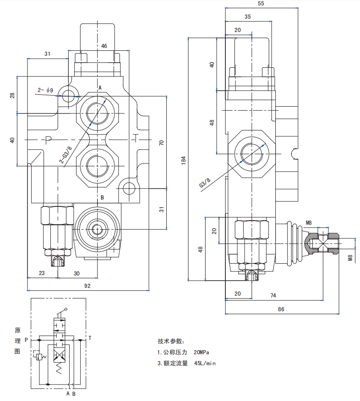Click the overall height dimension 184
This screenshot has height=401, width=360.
pos(183,160)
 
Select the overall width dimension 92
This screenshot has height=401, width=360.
pos(87,286)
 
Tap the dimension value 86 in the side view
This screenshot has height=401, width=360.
pos(281,309)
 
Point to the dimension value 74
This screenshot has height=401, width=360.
pos(273,296)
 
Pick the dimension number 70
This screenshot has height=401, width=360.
pos(161,142)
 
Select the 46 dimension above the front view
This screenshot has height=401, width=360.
pos(104,46)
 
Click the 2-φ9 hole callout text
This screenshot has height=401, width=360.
pos(45,90)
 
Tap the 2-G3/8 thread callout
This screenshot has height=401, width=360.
pos(66,155)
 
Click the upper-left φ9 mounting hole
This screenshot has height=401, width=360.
pos(69,96)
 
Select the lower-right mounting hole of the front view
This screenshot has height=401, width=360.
pos(129,188)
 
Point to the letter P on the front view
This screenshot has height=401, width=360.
pos(48,139)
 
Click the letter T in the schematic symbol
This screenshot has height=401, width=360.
pos(90,339)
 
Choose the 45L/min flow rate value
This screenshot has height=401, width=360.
pos(205,363)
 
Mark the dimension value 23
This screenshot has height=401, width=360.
pos(42,273)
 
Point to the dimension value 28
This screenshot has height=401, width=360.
pos(12,95)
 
